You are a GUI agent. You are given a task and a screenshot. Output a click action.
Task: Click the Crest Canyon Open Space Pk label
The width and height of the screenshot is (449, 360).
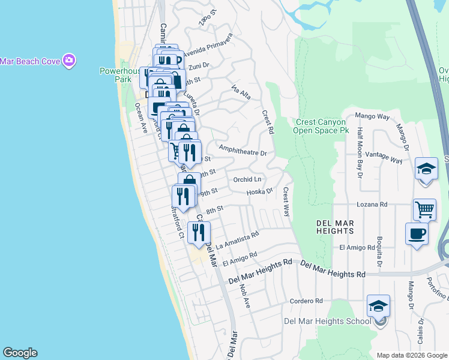tap(321, 125)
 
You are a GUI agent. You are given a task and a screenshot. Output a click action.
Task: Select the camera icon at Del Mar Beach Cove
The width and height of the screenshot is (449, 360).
tap(70, 60)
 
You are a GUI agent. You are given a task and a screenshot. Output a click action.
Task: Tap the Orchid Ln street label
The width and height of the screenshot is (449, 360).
tap(247, 179)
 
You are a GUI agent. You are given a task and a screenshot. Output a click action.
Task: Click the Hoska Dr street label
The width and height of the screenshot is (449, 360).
tap(259, 192)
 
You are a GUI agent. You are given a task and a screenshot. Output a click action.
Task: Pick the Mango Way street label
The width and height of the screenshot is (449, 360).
tap(372, 116)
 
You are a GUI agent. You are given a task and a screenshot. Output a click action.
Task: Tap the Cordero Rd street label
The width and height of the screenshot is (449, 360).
tap(306, 301)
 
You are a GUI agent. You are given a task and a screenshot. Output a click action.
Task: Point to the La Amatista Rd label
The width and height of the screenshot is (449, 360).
tap(238, 240)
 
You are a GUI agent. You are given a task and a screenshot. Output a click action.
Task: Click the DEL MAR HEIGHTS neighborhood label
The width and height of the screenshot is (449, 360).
tap(335, 227)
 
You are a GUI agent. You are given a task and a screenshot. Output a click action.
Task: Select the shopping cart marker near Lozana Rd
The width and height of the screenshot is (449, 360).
tap(424, 209)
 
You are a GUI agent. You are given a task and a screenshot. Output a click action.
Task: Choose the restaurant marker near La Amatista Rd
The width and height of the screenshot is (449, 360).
tap(199, 232)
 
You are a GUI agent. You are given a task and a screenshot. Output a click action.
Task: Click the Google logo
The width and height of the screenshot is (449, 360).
tap(20, 353)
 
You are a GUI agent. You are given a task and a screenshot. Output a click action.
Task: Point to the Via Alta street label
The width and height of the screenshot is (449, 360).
tap(241, 92)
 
